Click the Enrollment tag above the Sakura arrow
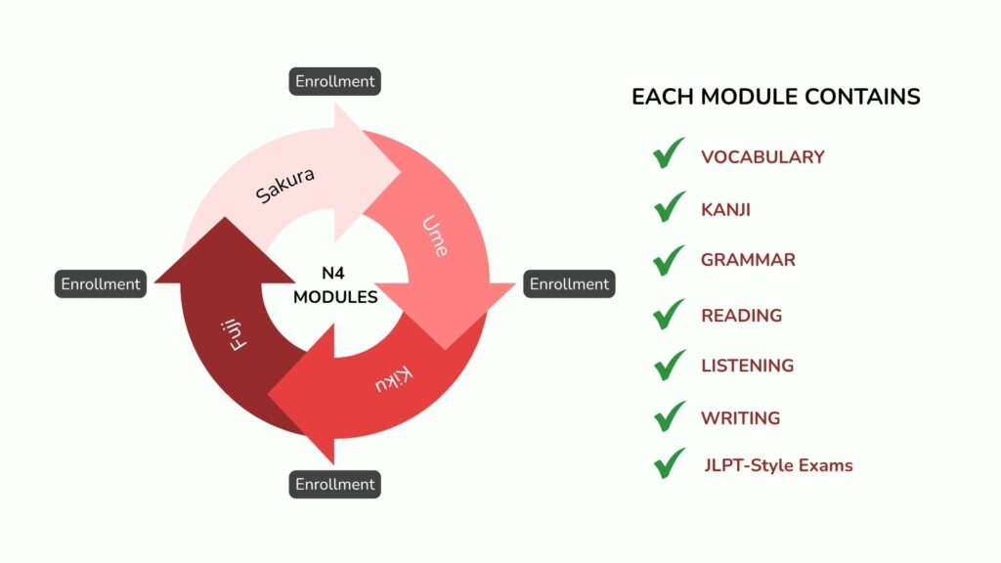pos(334,82)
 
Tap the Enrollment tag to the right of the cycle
pos(569,284)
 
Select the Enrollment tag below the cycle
pos(334,484)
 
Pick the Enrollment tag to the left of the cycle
pos(101,284)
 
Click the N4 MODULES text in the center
pos(335,285)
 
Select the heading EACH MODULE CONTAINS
pos(775,97)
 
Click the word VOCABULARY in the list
pos(762,157)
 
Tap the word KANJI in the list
pos(725,209)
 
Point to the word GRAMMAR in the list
pos(748,260)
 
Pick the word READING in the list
pos(741,316)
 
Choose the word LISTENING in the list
pos(747,366)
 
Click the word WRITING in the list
pos(740,418)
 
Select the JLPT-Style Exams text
pos(778,465)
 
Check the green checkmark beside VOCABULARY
pos(669,154)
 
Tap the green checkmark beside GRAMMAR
pos(669,259)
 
